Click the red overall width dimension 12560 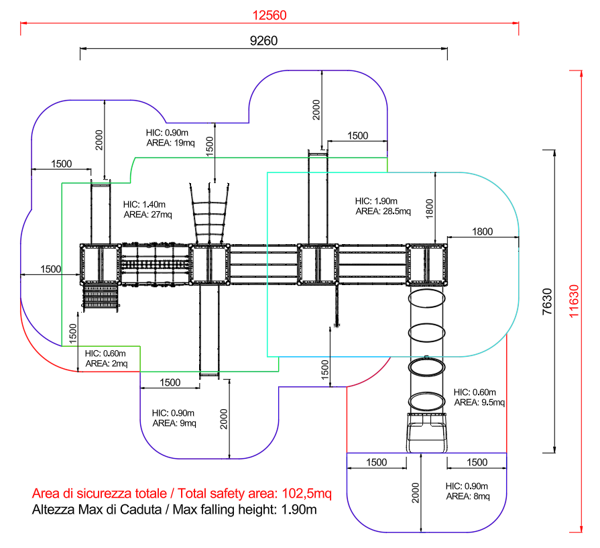269,15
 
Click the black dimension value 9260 263,41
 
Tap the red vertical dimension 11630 574,301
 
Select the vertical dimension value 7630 548,301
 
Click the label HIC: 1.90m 376,201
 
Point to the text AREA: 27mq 147,215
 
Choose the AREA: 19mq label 171,143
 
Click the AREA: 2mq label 107,364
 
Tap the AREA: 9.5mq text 479,402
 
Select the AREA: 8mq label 468,496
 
